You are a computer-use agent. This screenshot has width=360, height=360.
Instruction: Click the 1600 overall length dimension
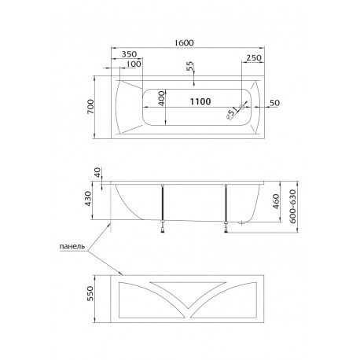[x=184, y=42]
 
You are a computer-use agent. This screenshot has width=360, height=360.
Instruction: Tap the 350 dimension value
[x=129, y=54]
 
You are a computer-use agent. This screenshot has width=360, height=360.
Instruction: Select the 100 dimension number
[x=134, y=64]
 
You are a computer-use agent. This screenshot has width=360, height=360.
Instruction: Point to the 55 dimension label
[x=189, y=66]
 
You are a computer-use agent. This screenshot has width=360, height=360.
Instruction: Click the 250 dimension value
[x=254, y=57]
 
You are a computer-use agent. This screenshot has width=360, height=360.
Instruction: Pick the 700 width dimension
[x=90, y=106]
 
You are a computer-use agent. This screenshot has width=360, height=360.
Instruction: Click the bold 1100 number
[x=200, y=101]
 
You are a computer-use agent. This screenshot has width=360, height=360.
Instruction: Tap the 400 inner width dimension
[x=162, y=98]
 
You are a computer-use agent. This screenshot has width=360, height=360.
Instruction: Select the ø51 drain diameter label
[x=232, y=113]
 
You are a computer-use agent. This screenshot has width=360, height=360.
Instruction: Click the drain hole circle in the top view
[x=242, y=107]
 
